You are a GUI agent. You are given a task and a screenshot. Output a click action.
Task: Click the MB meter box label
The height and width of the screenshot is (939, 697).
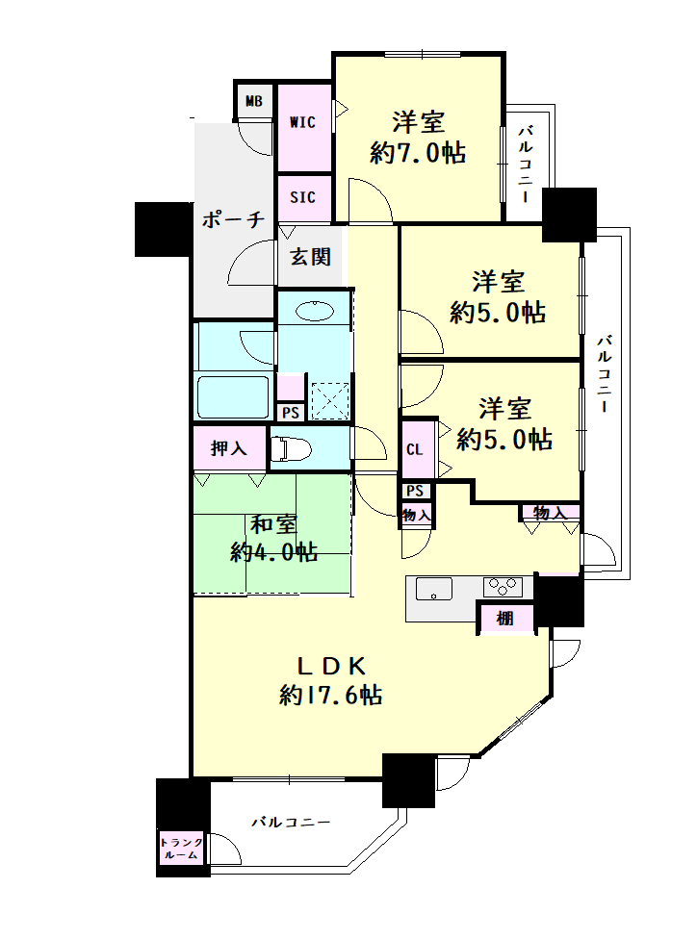tap(254, 102)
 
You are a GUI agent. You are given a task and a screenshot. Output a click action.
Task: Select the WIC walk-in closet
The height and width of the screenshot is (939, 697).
tap(303, 128)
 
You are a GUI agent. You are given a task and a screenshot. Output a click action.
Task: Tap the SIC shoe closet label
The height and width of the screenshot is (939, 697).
tap(302, 197)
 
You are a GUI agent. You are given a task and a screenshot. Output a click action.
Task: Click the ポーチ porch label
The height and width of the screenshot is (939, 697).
tap(233, 219)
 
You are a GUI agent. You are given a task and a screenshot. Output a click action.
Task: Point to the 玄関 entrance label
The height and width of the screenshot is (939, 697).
tap(310, 257)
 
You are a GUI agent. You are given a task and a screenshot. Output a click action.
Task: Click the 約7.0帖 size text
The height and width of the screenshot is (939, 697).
tap(418, 153)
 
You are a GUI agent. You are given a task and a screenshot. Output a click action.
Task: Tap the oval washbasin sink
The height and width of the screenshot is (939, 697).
tap(314, 312)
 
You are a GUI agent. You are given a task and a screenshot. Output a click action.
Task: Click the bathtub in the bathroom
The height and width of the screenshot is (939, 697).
tap(233, 397)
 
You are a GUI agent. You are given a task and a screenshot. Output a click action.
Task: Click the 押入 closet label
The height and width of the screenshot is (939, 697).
tap(228, 448)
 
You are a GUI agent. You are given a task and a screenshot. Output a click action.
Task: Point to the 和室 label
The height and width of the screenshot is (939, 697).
tap(273, 524)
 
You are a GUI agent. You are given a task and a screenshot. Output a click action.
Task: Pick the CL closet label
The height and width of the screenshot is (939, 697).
tap(415, 449)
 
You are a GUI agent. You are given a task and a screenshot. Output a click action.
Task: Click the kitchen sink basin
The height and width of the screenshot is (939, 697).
tap(434, 588)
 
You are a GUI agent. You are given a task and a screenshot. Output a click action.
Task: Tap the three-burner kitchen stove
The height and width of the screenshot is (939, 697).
tap(503, 586)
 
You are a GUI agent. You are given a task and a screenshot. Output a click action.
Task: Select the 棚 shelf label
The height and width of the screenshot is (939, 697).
tap(505, 618)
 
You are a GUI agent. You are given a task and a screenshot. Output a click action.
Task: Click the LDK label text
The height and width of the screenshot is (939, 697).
tap(331, 666)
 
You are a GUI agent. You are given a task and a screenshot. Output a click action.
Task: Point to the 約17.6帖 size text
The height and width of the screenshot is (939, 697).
tap(331, 696)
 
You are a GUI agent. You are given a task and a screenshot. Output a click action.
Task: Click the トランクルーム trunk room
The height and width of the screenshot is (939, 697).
tap(181, 848)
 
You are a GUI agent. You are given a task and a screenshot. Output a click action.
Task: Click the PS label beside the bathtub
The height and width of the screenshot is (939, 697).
tap(291, 413)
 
